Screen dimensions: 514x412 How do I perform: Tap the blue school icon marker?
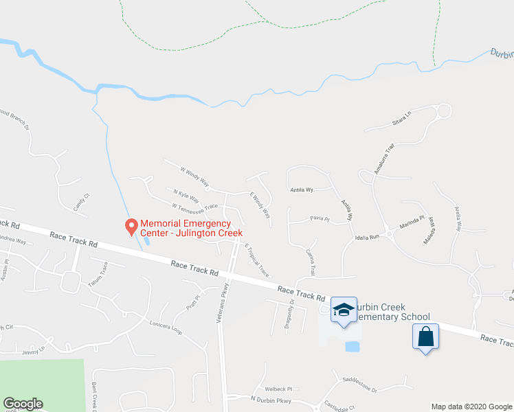344,310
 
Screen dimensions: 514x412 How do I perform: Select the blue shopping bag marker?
426,337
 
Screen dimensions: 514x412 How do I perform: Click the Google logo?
23,404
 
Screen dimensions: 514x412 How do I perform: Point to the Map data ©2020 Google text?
471,407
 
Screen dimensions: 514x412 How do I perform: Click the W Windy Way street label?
194,176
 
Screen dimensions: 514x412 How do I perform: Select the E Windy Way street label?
260,205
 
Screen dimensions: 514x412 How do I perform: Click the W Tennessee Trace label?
194,206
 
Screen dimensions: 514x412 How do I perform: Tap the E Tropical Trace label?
256,260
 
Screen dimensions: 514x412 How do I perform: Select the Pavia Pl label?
320,220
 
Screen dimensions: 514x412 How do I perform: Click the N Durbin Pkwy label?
271,400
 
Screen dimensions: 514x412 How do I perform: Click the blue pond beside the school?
352,346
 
